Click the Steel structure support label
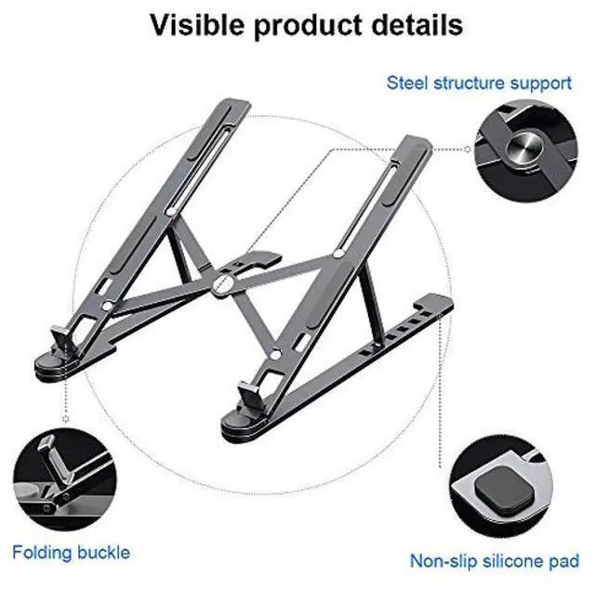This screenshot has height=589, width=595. coord(479,83)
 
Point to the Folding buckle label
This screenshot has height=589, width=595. coord(72,553)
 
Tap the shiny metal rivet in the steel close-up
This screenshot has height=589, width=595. coord(525,148)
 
